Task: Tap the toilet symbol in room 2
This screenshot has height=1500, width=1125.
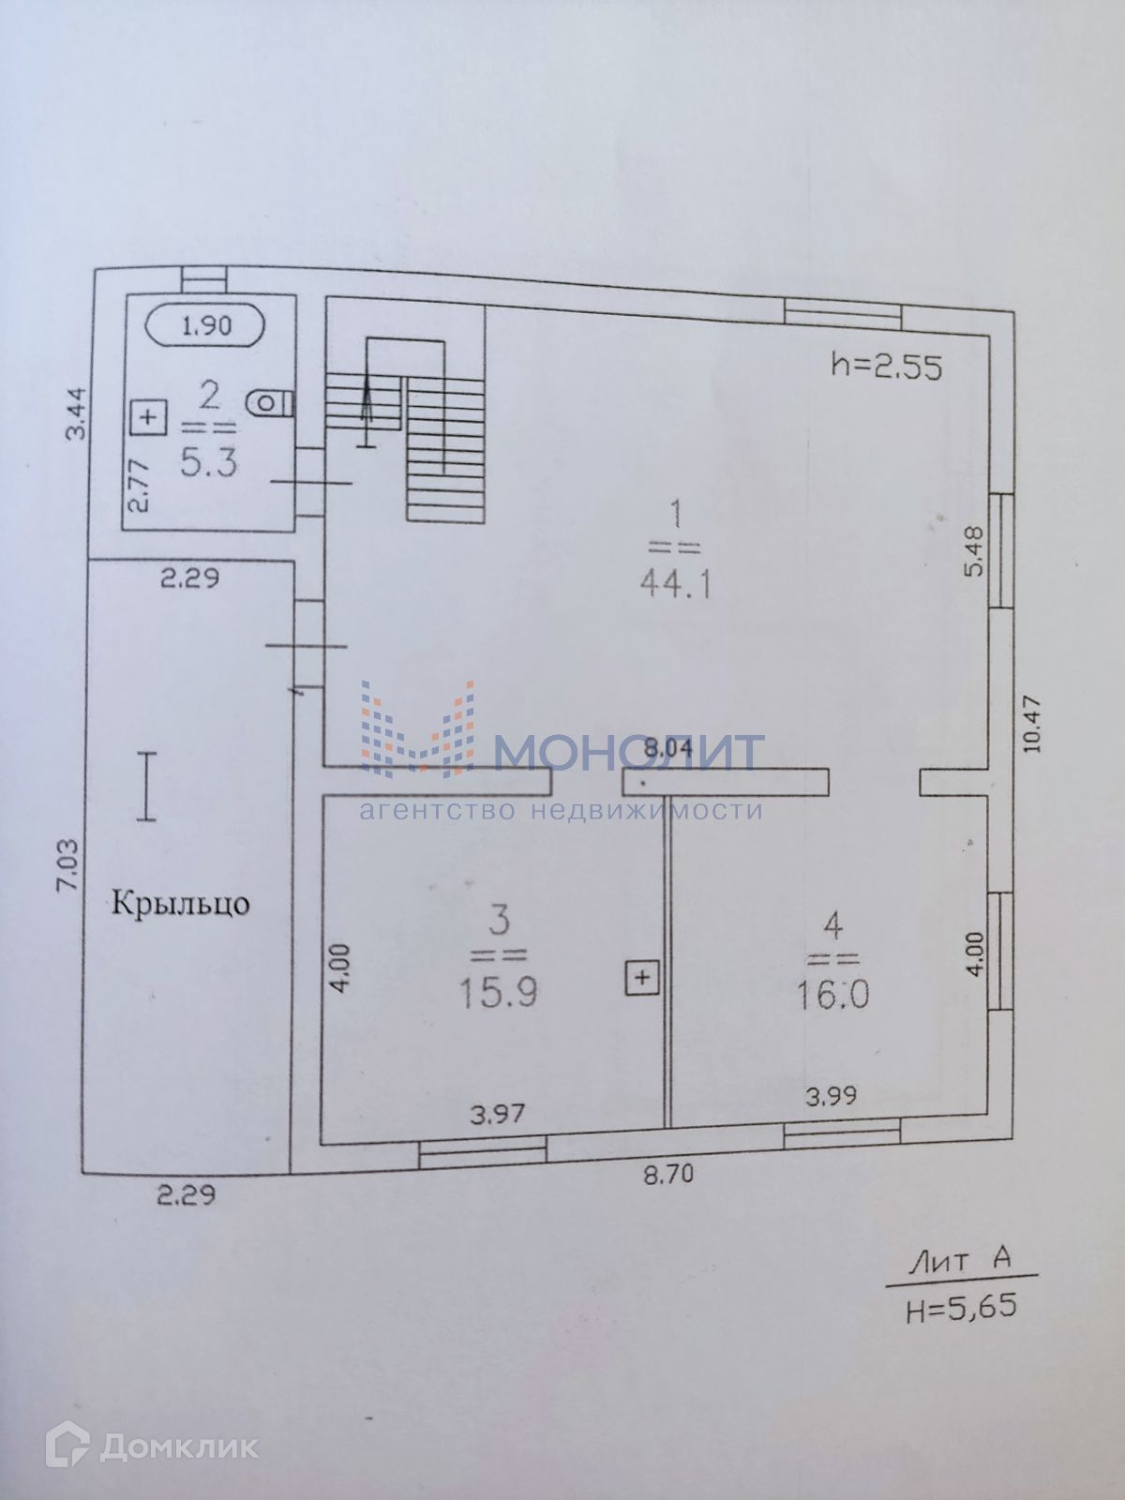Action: point(270,403)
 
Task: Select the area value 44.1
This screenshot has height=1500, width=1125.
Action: point(676,585)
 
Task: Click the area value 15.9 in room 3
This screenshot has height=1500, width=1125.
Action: point(498,992)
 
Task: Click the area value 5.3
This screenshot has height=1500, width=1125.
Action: point(210,461)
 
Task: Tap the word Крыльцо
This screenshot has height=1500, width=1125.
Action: point(180,904)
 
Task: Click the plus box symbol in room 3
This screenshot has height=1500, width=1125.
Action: point(642,978)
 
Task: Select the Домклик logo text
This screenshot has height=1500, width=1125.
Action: point(179,1447)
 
